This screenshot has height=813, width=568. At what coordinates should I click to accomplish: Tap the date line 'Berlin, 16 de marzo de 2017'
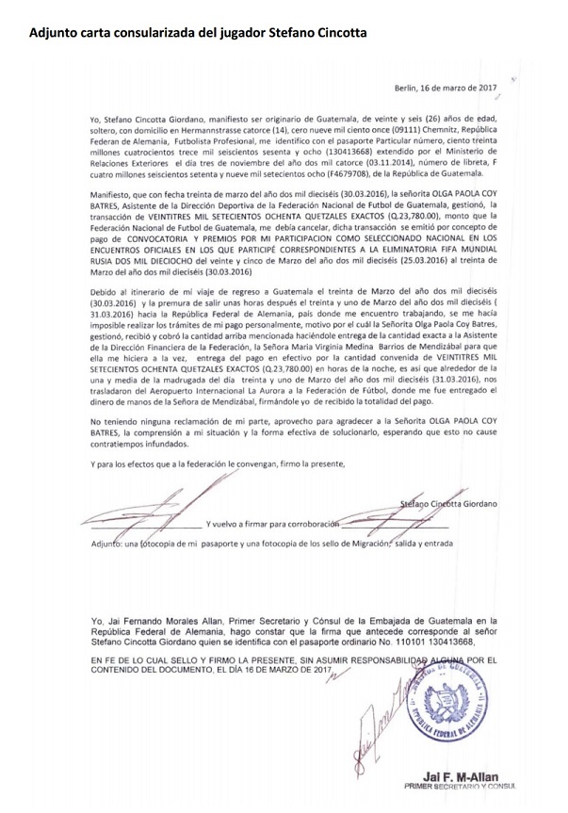pyautogui.click(x=445, y=88)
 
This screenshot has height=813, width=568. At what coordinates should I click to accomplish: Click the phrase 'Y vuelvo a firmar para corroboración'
pyautogui.click(x=263, y=523)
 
